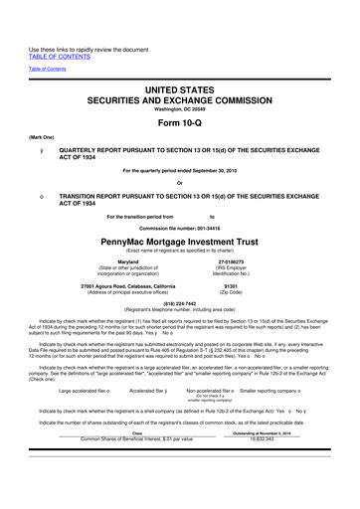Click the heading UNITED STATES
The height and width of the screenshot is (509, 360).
pos(179,89)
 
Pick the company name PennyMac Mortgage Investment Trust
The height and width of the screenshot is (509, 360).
pos(179,242)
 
